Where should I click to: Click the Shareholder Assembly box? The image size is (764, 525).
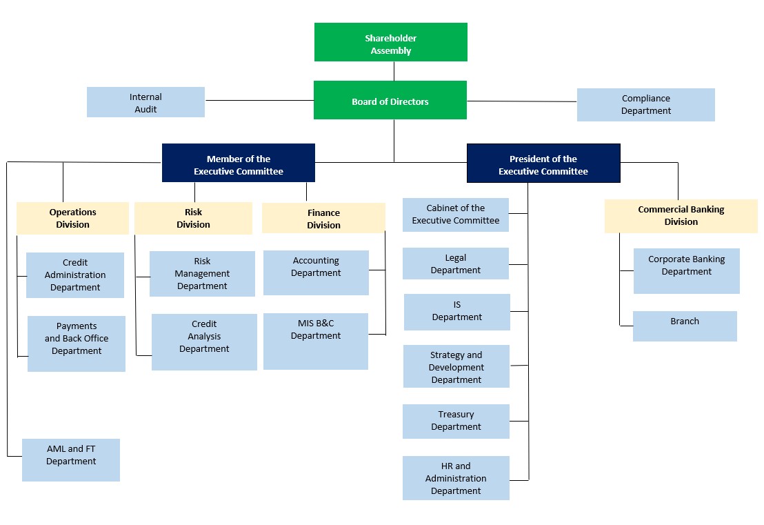391,42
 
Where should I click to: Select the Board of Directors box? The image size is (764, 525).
390,100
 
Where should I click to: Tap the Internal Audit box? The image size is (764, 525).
145,102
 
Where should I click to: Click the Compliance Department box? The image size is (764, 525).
645,105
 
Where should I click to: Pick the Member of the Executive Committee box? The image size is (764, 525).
239,163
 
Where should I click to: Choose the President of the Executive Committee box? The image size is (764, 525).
543,164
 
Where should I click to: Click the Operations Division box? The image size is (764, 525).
72,219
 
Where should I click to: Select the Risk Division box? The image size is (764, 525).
194,219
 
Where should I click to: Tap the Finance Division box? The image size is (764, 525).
323,219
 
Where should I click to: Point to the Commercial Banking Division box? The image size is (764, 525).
681,216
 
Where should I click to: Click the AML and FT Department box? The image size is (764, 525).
71,460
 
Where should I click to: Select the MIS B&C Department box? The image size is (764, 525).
316,341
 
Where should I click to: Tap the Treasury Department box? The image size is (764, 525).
456,421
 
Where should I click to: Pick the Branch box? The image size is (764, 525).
685,326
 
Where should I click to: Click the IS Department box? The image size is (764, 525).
457,312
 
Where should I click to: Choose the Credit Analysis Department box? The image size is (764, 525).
204,342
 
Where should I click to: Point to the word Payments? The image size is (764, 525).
77,326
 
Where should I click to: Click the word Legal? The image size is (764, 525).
456,258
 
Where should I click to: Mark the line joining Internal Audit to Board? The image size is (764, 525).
259,101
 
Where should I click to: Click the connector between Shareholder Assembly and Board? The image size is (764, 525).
394,71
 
